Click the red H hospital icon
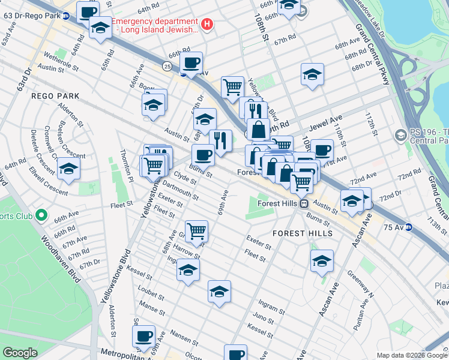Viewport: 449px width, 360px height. tap(207, 25)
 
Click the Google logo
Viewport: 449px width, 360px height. tap(20, 353)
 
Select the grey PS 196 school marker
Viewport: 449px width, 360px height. tap(400, 136)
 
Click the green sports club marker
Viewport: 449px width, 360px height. tap(41, 215)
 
